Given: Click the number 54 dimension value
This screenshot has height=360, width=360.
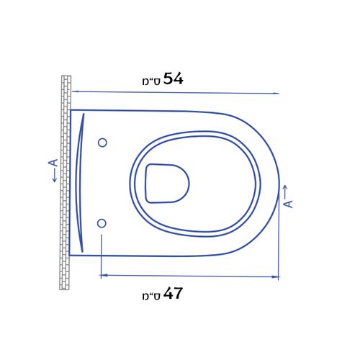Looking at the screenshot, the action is click(x=174, y=78).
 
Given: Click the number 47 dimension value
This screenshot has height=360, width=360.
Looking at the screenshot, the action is click(x=173, y=293).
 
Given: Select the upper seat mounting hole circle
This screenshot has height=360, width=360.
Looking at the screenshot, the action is click(x=102, y=143).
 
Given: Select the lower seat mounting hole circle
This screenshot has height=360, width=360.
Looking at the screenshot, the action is click(x=102, y=223).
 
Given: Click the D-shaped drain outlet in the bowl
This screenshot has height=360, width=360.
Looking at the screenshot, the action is click(x=167, y=184).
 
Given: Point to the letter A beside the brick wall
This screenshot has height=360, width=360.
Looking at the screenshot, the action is click(x=54, y=163).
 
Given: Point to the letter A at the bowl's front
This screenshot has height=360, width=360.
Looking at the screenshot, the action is click(x=288, y=204).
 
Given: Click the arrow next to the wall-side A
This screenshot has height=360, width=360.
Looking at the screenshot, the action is click(x=55, y=176).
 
